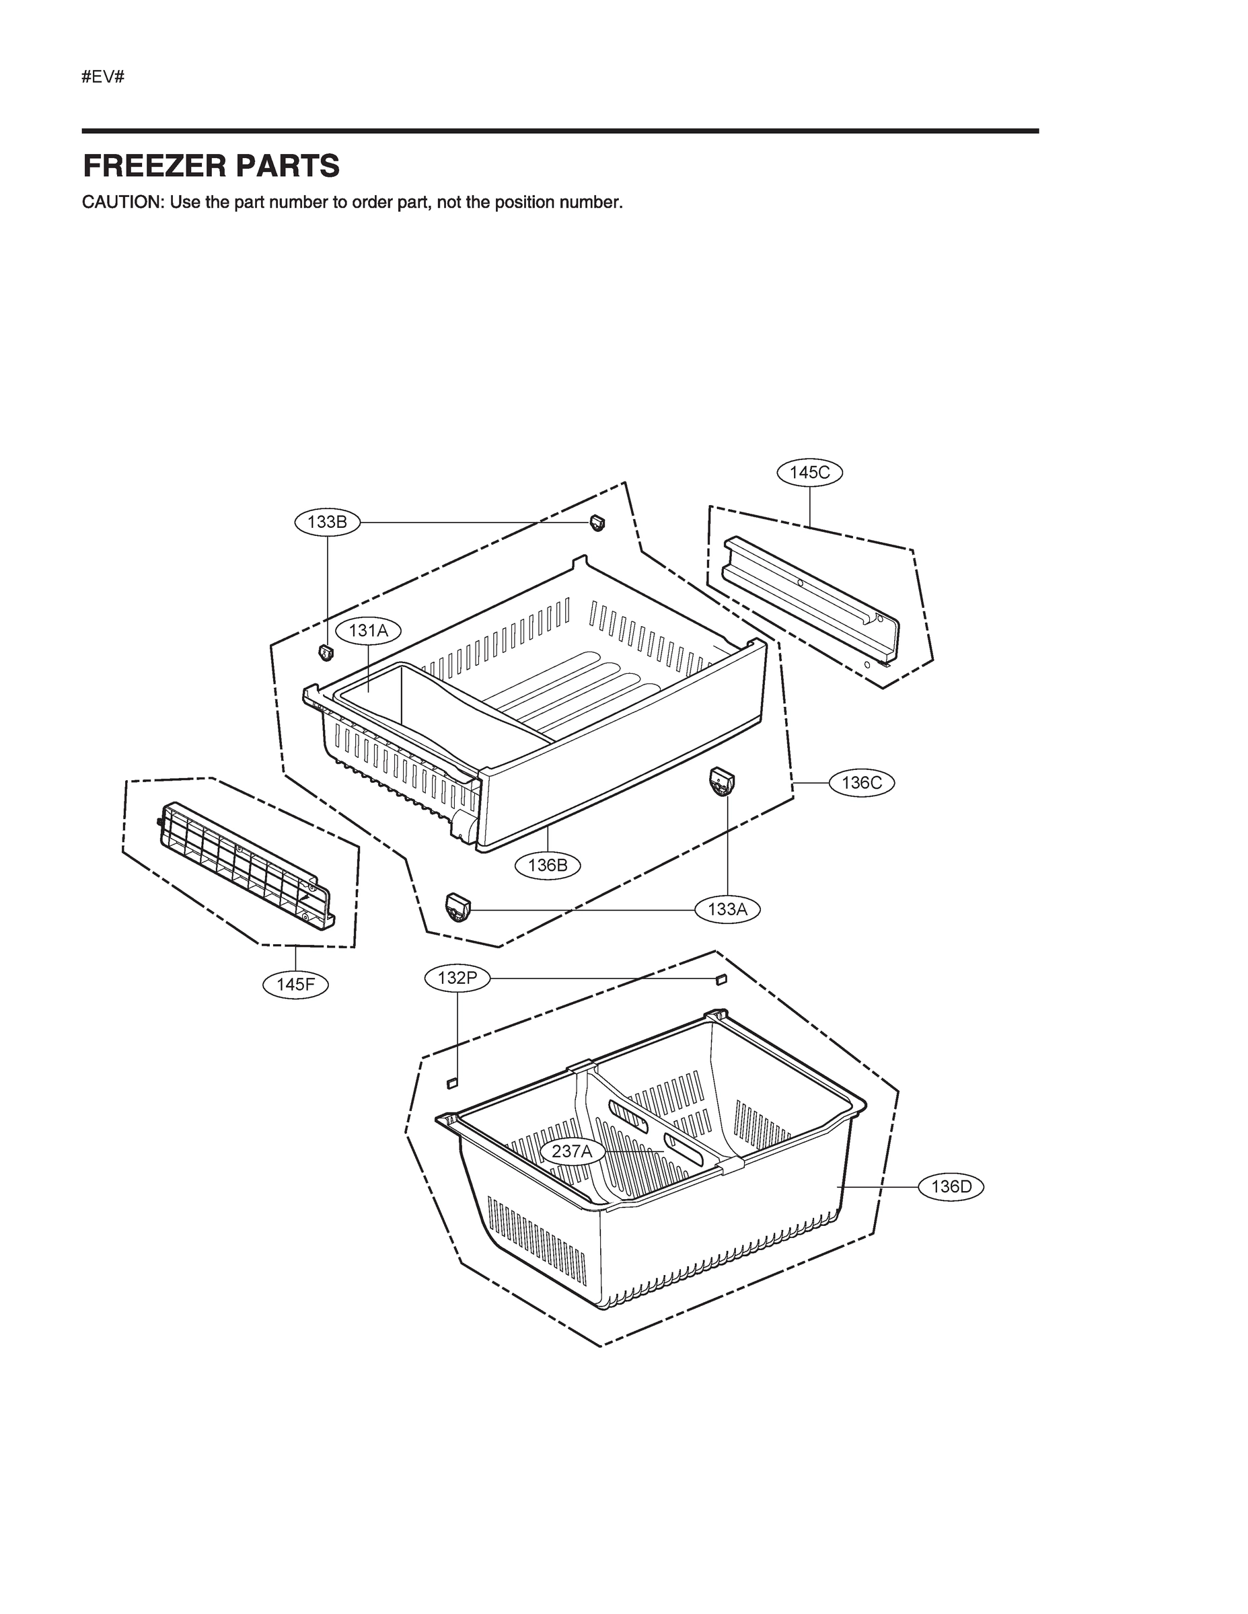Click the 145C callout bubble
[x=809, y=472]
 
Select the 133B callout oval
[x=327, y=522]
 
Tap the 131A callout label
[x=368, y=630]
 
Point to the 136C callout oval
[x=861, y=783]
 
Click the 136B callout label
[x=548, y=865]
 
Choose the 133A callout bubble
[x=727, y=909]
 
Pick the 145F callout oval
[x=296, y=984]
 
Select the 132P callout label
[x=457, y=978]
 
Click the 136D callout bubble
[x=951, y=1187]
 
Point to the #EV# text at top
[x=103, y=76]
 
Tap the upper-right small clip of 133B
[x=597, y=523]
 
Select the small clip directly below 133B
[x=326, y=652]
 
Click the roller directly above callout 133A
[x=722, y=781]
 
